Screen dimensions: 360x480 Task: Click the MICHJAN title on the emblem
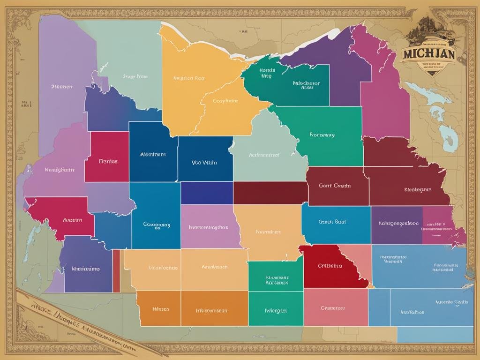pyautogui.click(x=428, y=53)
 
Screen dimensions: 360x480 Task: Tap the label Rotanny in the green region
pyautogui.click(x=322, y=135)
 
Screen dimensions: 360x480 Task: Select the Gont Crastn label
pyautogui.click(x=335, y=186)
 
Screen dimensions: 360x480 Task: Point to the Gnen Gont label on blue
pyautogui.click(x=332, y=222)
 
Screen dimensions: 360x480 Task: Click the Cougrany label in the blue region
pyautogui.click(x=157, y=225)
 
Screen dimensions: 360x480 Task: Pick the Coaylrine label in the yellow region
pyautogui.click(x=225, y=101)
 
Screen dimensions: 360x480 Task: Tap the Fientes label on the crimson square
pyautogui.click(x=108, y=161)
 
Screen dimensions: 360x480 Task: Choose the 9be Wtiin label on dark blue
pyautogui.click(x=204, y=163)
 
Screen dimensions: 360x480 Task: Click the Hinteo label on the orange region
pyautogui.click(x=161, y=309)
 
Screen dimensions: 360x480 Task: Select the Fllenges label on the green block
pyautogui.click(x=276, y=310)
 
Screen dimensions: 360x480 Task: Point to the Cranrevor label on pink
pyautogui.click(x=332, y=308)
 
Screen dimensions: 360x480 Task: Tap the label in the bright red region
pyautogui.click(x=330, y=266)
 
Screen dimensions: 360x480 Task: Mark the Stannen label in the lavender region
pyautogui.click(x=61, y=87)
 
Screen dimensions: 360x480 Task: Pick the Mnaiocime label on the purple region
pyautogui.click(x=85, y=269)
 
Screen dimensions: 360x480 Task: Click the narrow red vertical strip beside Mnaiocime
pyautogui.click(x=116, y=271)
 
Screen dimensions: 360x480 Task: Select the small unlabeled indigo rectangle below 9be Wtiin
pyautogui.click(x=207, y=193)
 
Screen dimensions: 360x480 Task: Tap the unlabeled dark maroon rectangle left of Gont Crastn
pyautogui.click(x=270, y=193)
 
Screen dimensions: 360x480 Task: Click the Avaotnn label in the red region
pyautogui.click(x=72, y=220)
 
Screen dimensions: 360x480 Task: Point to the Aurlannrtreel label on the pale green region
pyautogui.click(x=264, y=154)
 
